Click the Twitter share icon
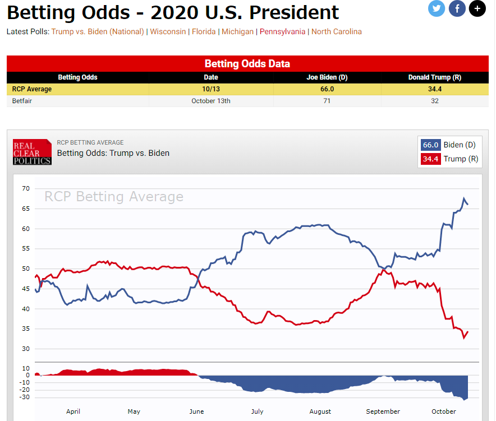437,8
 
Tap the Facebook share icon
457,8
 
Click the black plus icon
477,8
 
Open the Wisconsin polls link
168,31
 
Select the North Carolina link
337,31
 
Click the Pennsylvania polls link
283,31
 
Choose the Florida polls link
204,31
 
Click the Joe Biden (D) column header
327,77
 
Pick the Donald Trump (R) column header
435,77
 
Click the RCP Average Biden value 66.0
327,89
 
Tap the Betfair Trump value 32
435,101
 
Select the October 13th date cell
211,101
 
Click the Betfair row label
22,101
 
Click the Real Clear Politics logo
32,152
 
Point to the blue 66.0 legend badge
431,145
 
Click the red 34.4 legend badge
431,159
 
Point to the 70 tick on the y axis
26,188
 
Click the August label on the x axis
320,411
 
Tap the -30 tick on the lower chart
24,397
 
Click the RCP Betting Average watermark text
114,197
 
